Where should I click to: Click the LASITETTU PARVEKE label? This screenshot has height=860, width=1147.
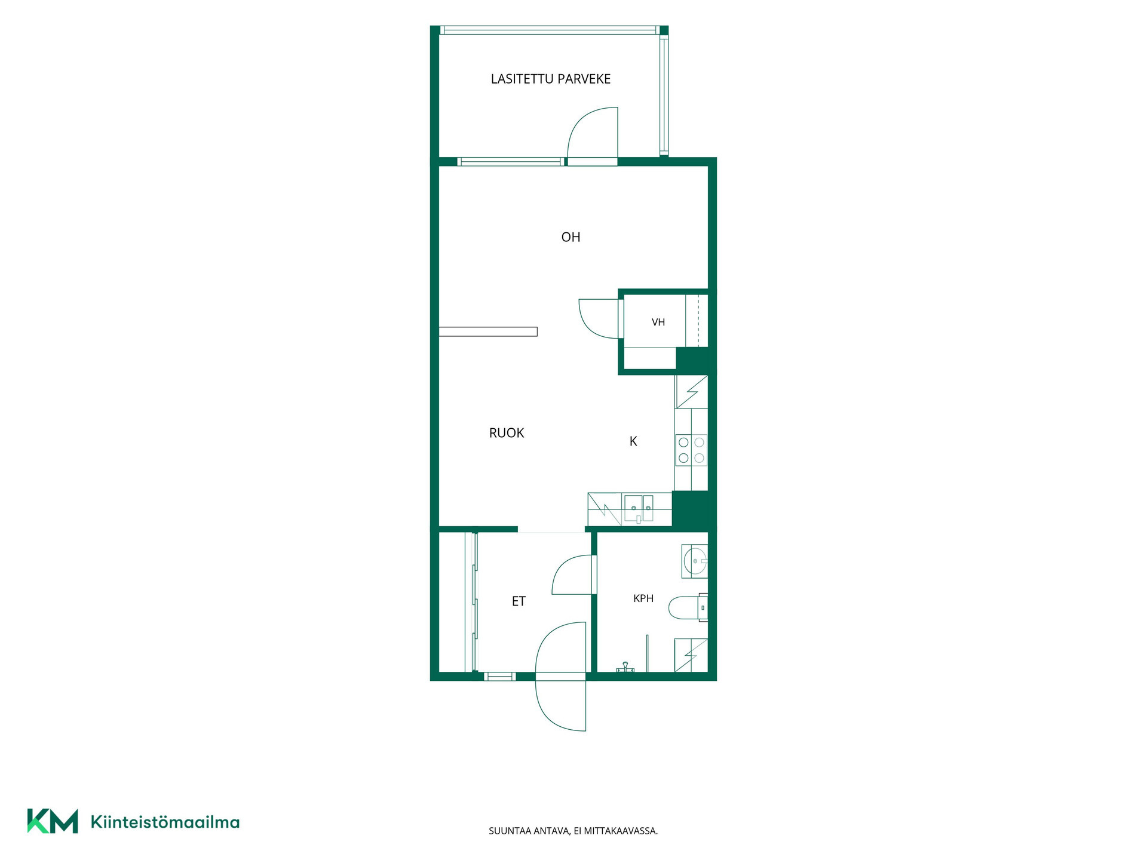(550, 79)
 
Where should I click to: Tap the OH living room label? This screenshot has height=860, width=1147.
(571, 237)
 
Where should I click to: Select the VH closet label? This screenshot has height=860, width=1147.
(658, 322)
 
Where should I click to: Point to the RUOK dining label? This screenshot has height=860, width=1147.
(507, 433)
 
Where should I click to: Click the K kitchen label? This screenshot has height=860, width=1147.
(633, 441)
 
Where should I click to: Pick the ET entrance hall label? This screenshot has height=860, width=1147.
(519, 601)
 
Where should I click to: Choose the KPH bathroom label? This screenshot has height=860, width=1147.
(643, 598)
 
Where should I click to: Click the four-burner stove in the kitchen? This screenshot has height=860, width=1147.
(691, 450)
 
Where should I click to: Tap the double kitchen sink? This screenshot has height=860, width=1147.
(639, 508)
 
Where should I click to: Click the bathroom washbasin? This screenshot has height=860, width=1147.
(695, 561)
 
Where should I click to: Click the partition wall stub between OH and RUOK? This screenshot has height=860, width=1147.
(488, 331)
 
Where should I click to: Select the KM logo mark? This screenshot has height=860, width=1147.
(53, 821)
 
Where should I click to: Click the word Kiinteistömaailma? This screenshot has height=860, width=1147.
(165, 822)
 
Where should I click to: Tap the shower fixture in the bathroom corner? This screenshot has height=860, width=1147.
(624, 668)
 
